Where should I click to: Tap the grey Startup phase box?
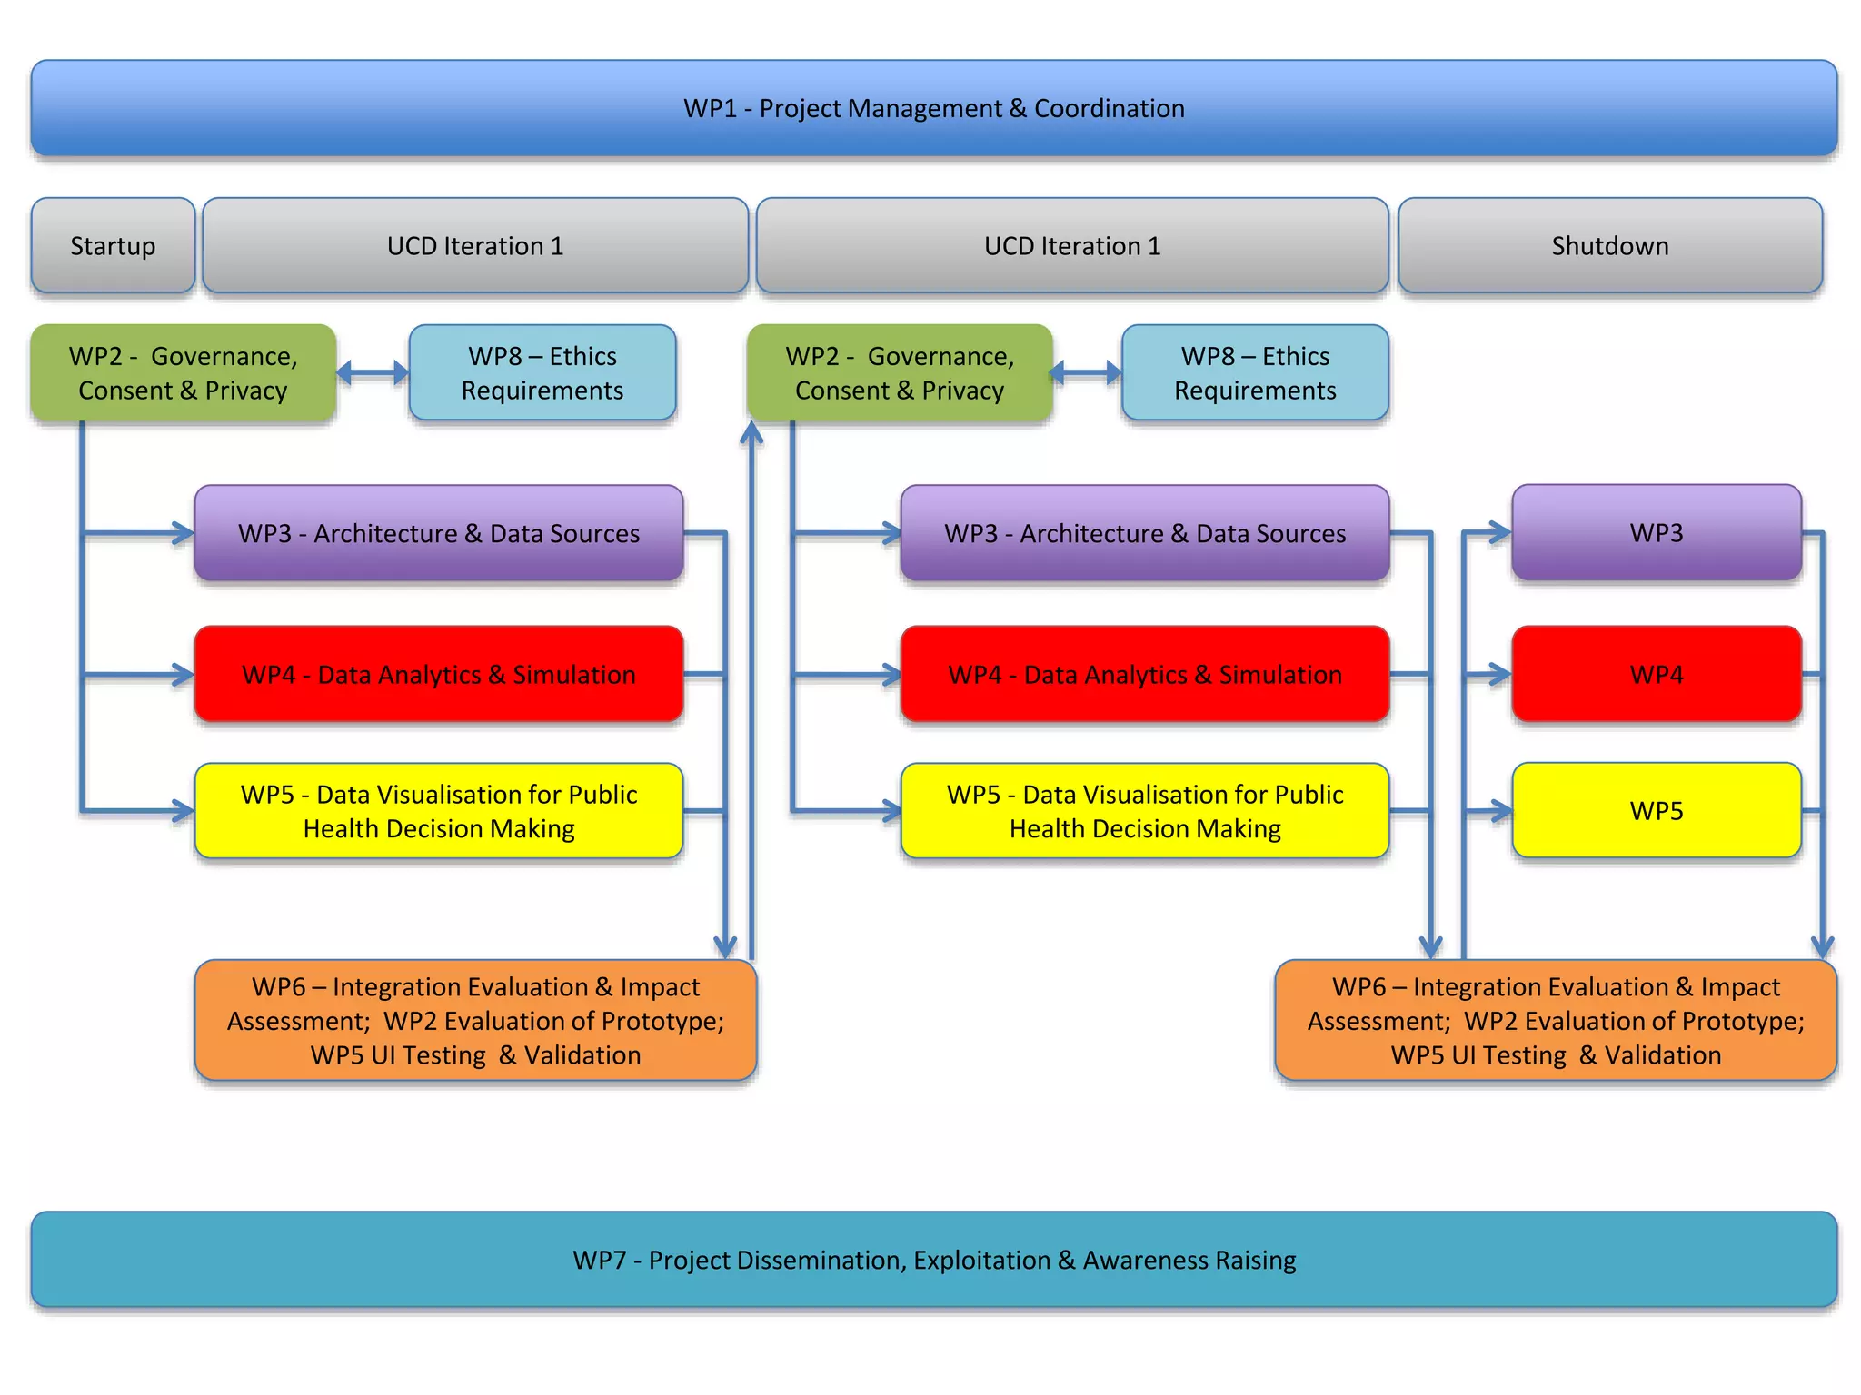pos(113,245)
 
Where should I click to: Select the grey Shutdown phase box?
pos(1609,245)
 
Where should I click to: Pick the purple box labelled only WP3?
pos(1656,532)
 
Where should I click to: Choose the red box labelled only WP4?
pos(1656,674)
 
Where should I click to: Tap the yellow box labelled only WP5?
pos(1656,810)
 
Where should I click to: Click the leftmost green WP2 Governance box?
pos(183,373)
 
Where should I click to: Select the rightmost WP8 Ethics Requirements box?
pos(1255,373)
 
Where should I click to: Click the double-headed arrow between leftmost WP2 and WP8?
pos(373,371)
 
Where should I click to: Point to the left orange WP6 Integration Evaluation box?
pos(475,1020)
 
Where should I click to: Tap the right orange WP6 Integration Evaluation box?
pos(1556,1020)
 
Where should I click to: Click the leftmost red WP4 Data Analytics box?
pos(439,674)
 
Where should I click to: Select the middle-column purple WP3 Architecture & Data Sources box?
pos(1145,533)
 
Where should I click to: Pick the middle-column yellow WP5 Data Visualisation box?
pos(1145,810)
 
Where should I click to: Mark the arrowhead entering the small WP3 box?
pos(1499,533)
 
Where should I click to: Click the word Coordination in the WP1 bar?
pos(1109,108)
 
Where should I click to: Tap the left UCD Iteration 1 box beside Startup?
pos(475,245)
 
